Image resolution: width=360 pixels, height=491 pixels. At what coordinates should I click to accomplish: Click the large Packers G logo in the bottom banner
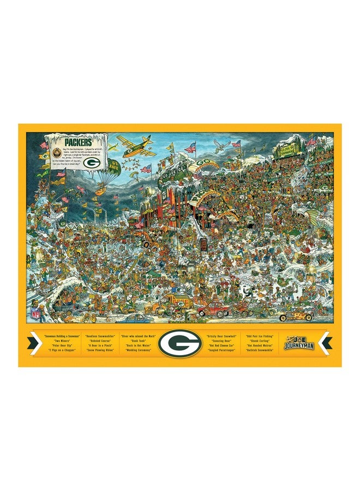click(179, 344)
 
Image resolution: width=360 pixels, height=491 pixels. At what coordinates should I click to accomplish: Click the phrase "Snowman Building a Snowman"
click(57, 337)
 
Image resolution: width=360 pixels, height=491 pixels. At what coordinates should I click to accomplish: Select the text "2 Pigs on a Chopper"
click(57, 350)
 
